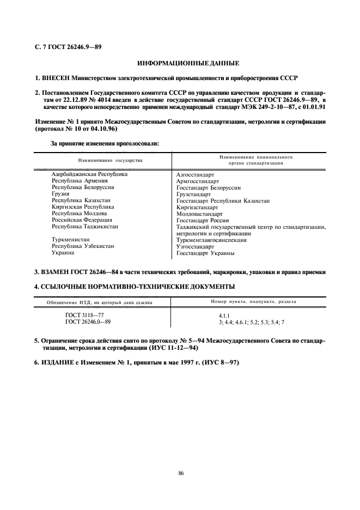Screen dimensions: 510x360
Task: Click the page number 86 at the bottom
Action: [181, 472]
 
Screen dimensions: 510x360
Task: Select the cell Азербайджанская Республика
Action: [89, 174]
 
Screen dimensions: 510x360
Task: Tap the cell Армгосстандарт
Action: [197, 181]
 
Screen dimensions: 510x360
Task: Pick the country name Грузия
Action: [60, 193]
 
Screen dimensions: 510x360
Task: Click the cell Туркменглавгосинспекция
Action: [211, 240]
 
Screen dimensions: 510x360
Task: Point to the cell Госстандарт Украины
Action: [205, 253]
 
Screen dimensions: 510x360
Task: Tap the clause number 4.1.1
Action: [224, 315]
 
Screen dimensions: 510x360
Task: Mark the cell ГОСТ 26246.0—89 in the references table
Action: [88, 321]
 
